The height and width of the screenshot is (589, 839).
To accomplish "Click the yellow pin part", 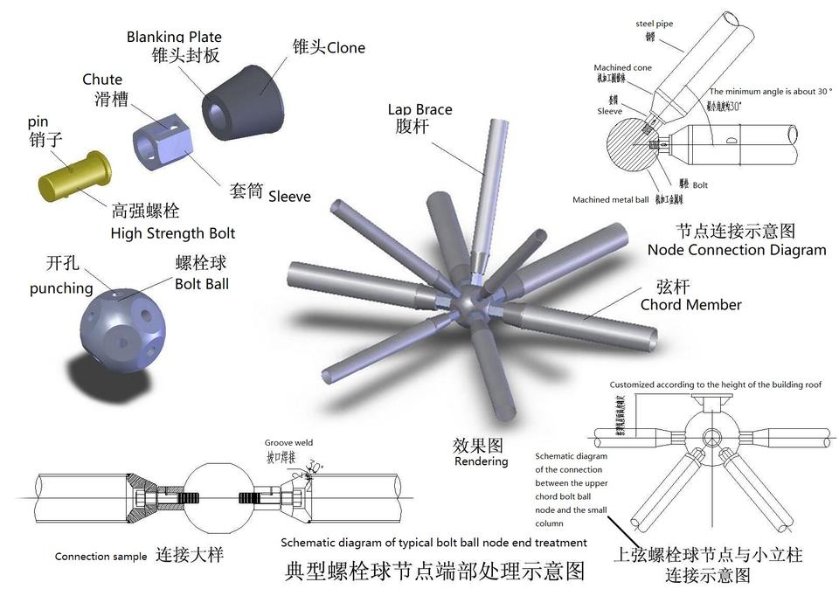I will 73,176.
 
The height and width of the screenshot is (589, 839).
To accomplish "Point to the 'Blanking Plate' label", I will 174,37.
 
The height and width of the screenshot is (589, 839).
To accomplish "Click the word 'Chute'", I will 102,80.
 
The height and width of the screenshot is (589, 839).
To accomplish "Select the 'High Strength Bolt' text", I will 173,233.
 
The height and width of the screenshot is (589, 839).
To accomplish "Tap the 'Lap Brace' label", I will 420,109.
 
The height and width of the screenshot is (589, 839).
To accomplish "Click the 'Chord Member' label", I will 690,305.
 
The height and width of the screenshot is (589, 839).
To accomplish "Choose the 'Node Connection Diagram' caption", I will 736,250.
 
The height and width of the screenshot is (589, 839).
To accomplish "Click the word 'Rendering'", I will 481,461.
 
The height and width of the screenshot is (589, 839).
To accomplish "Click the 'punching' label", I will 61,288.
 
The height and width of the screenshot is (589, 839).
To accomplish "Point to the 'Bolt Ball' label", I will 202,284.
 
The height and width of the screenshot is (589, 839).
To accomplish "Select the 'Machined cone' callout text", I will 622,67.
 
